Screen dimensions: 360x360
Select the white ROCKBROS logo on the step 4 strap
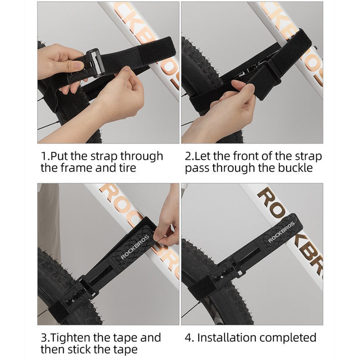point(281,232)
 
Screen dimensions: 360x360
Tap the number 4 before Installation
point(188,338)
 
